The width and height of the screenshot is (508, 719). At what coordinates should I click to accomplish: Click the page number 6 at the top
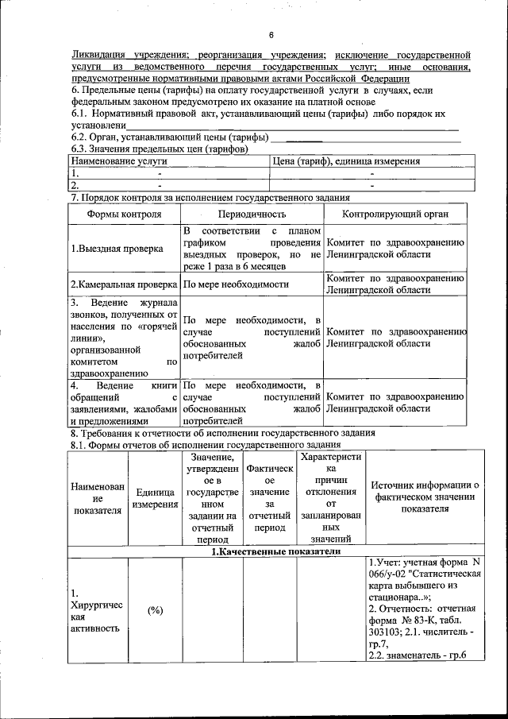270,35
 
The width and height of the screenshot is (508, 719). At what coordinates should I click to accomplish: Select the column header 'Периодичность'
252,215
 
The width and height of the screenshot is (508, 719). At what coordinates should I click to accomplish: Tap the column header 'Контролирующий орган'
394,215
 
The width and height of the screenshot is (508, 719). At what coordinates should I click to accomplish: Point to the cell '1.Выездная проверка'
117,248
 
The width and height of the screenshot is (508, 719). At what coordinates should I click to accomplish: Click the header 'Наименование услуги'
119,161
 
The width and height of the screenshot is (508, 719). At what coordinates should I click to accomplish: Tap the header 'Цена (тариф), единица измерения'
346,161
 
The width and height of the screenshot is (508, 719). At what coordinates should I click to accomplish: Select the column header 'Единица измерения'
155,498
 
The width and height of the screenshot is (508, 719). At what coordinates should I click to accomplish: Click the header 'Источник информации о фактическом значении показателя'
425,497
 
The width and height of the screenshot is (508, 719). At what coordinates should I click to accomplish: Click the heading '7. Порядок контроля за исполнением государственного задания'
210,197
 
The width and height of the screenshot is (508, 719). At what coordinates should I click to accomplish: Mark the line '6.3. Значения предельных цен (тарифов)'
160,149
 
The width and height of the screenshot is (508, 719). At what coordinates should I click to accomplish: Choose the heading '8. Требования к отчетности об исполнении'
223,433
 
